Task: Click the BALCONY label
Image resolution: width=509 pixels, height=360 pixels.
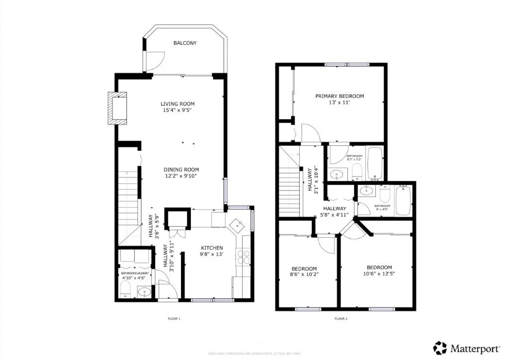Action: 185,43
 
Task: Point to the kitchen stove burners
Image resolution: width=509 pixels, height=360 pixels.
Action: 245,257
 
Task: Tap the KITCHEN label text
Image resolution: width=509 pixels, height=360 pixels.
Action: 212,248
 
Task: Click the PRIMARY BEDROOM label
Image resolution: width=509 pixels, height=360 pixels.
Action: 339,96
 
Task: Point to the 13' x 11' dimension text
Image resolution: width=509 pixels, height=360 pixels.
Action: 339,102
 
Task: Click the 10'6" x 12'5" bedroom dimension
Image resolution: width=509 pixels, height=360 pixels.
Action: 379,273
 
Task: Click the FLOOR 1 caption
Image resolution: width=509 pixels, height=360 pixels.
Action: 173,318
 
